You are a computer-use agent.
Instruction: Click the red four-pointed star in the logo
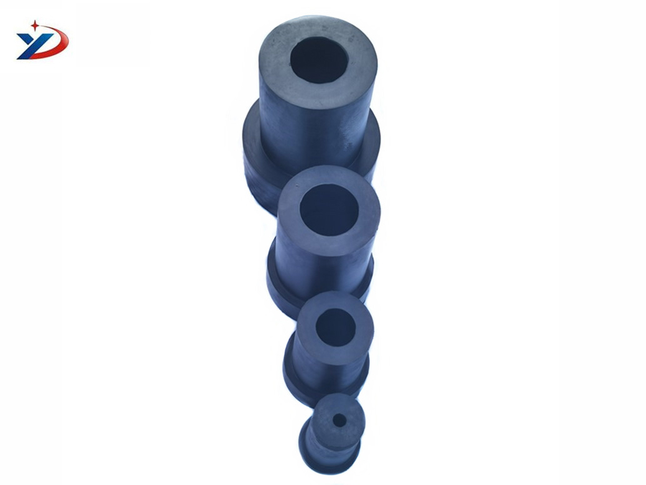tap(35, 26)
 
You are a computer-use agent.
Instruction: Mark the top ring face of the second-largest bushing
tap(290, 215)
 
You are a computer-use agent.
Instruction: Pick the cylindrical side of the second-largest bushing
tap(317, 271)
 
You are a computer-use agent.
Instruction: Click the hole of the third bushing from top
tap(335, 327)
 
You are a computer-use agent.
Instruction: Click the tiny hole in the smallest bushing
tap(339, 421)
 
